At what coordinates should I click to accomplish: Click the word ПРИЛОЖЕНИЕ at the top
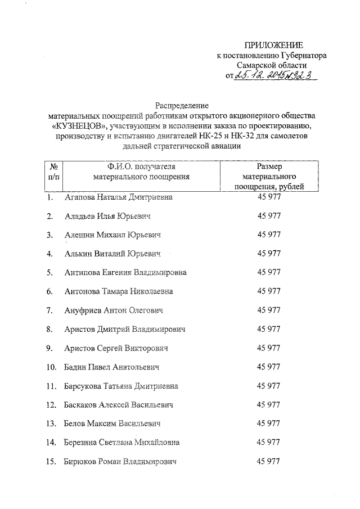click(x=274, y=45)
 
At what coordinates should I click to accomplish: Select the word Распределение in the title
click(x=182, y=105)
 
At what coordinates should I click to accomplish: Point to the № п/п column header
click(x=55, y=172)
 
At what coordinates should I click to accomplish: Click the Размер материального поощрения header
click(x=268, y=176)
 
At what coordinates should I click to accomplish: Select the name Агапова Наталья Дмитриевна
click(x=118, y=197)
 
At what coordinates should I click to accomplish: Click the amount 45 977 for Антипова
click(x=268, y=272)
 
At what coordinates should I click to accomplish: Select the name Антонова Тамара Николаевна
click(x=118, y=291)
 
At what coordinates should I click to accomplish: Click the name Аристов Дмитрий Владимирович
click(x=124, y=329)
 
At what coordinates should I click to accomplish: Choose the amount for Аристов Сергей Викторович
click(x=268, y=348)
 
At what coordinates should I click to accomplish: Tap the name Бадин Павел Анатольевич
click(x=112, y=367)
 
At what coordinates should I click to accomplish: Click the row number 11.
click(x=51, y=386)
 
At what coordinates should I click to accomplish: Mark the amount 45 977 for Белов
click(x=268, y=424)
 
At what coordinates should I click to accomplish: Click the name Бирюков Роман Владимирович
click(x=120, y=462)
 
